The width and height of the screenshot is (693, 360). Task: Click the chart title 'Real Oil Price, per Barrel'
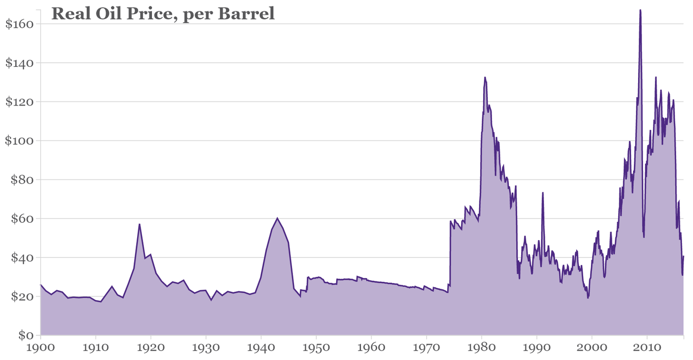click(163, 14)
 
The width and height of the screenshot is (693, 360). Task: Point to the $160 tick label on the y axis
click(19, 24)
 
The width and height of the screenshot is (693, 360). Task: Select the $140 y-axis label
click(19, 63)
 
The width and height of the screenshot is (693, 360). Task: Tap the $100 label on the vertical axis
click(19, 141)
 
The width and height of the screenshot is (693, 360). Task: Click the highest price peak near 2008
click(640, 10)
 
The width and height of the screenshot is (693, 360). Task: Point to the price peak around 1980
click(485, 77)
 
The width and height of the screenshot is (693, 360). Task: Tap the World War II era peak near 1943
click(277, 218)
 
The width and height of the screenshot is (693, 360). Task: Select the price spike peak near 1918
click(140, 224)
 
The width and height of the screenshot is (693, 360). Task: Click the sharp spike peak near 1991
click(543, 193)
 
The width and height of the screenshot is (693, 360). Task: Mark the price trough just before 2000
click(588, 298)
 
